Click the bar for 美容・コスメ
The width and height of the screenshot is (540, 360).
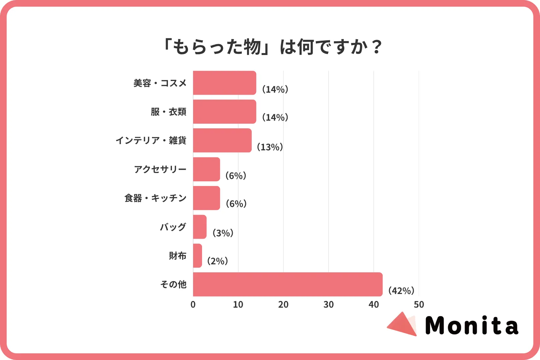pyautogui.click(x=224, y=83)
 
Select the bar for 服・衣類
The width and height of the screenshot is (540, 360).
pyautogui.click(x=224, y=112)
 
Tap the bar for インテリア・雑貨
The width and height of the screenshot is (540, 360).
pyautogui.click(x=222, y=140)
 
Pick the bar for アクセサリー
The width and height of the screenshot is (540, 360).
pyautogui.click(x=206, y=169)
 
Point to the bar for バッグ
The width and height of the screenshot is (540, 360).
pyautogui.click(x=200, y=227)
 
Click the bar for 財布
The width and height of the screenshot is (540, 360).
pyautogui.click(x=197, y=256)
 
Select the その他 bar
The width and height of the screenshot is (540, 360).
pyautogui.click(x=287, y=284)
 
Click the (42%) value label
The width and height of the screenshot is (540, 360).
pyautogui.click(x=401, y=291)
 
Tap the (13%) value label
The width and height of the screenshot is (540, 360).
pyautogui.click(x=270, y=147)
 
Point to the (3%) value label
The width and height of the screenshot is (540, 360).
pyautogui.click(x=223, y=233)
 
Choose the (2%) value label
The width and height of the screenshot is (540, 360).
pyautogui.click(x=218, y=261)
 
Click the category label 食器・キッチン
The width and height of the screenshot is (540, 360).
pyautogui.click(x=155, y=198)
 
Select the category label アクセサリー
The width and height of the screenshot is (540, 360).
pyautogui.click(x=160, y=169)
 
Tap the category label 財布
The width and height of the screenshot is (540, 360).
pyautogui.click(x=177, y=256)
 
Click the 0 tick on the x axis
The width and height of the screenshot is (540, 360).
pyautogui.click(x=193, y=304)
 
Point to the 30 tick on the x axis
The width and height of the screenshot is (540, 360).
pyautogui.click(x=328, y=304)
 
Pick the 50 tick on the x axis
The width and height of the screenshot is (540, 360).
pyautogui.click(x=419, y=304)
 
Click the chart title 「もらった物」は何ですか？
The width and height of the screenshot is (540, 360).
pyautogui.click(x=271, y=47)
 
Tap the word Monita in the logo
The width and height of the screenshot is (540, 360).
pyautogui.click(x=472, y=325)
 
